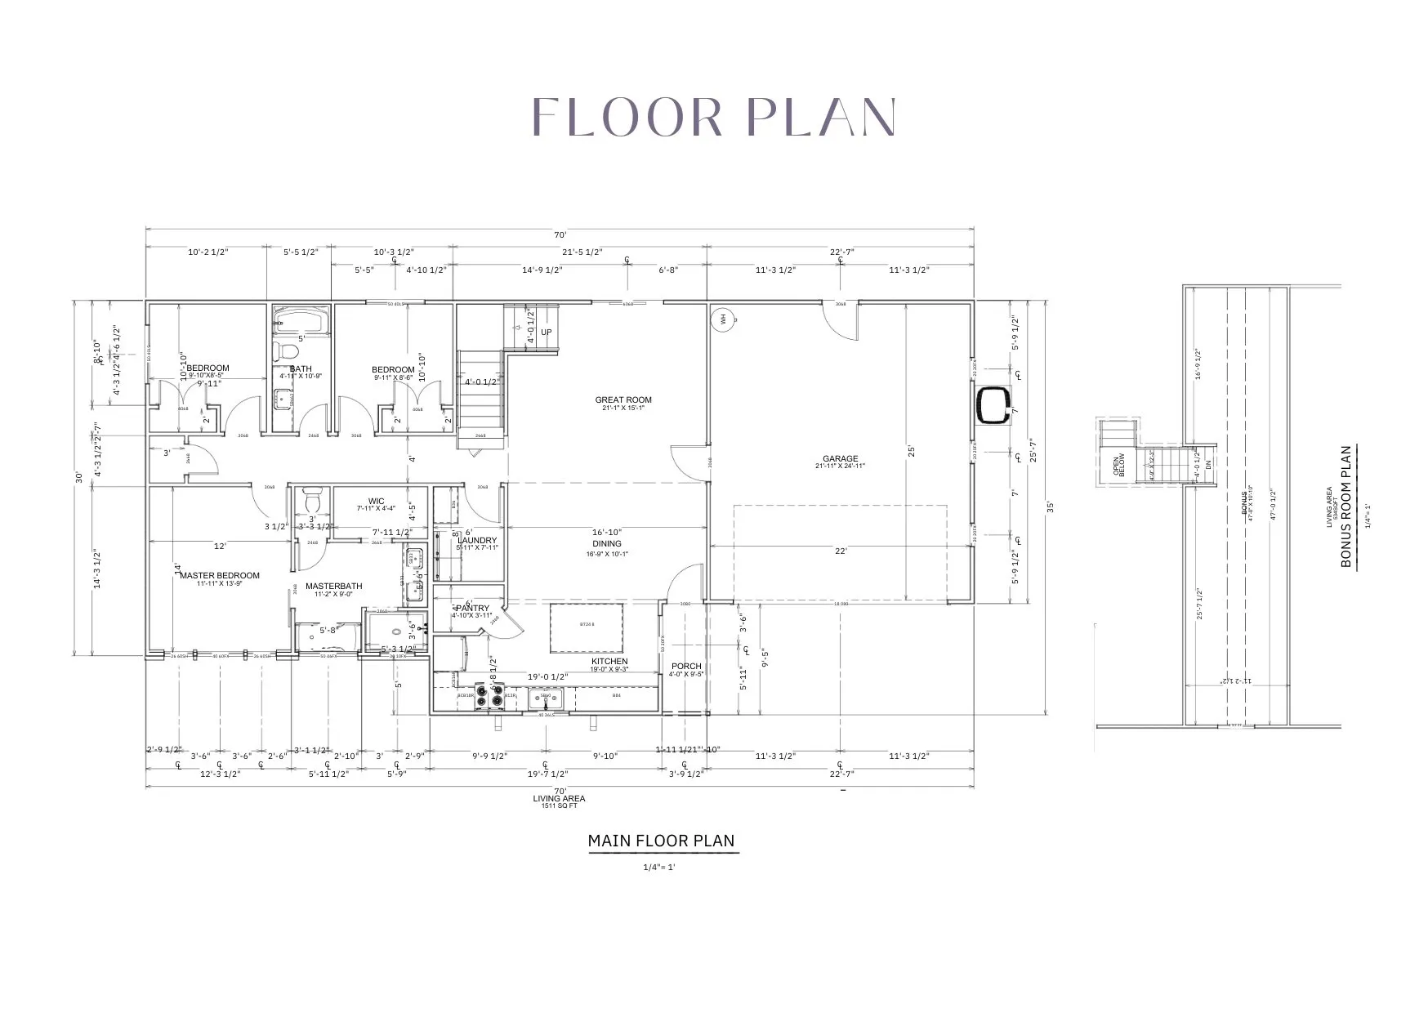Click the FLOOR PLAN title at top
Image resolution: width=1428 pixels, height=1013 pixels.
tap(714, 117)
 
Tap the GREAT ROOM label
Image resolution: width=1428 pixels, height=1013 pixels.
tap(623, 400)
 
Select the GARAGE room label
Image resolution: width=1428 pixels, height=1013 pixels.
tap(840, 459)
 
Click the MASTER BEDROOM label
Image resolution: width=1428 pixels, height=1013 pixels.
tap(220, 575)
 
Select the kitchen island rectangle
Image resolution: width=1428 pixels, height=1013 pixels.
tap(587, 627)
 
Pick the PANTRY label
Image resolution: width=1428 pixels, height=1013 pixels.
tap(473, 608)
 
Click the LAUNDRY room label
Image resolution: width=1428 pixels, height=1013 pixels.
tap(477, 541)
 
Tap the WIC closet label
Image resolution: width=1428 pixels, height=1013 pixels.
tap(376, 502)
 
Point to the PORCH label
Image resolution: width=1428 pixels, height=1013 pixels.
tap(686, 667)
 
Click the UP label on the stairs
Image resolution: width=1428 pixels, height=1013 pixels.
tap(547, 332)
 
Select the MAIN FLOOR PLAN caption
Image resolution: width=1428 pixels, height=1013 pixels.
tap(661, 841)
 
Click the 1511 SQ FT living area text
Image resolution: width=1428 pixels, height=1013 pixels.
tap(560, 806)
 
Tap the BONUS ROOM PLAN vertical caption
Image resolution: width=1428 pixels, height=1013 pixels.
tap(1347, 506)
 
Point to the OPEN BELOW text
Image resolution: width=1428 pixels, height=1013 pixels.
tap(1119, 465)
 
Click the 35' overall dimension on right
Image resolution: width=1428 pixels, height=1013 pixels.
tap(1051, 506)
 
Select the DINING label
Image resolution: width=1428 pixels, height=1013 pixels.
tap(607, 543)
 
